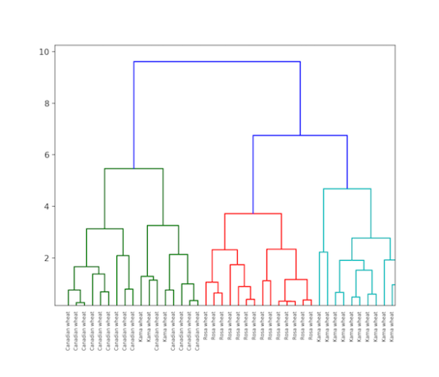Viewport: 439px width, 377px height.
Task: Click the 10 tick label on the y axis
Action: coord(44,52)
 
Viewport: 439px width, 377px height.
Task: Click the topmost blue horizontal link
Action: coord(217,61)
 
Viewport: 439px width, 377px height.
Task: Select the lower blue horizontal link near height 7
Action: coord(299,136)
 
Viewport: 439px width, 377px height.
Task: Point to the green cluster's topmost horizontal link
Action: coord(134,169)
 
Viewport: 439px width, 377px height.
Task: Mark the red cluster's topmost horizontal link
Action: coord(253,214)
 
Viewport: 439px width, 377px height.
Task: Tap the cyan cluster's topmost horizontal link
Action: coord(347,189)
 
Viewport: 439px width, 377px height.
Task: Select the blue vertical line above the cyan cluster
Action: coord(347,162)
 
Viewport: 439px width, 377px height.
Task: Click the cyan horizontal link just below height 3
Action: coord(371,238)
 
